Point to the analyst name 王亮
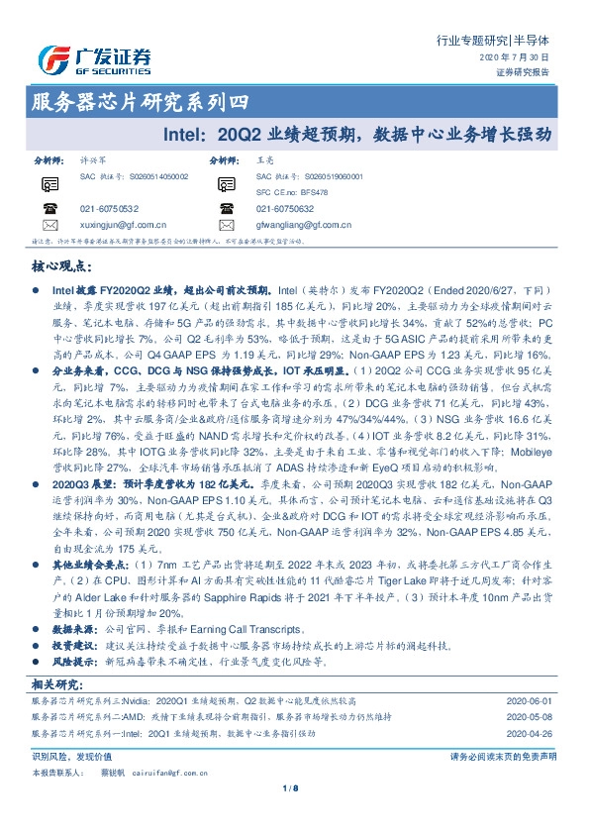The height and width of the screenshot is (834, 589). pyautogui.click(x=264, y=158)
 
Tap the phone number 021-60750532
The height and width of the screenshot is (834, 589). pyautogui.click(x=109, y=209)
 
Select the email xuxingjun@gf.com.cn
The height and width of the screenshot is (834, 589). pyautogui.click(x=123, y=225)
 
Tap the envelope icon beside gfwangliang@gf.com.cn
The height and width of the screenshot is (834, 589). pyautogui.click(x=227, y=225)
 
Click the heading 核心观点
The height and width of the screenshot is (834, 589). pyautogui.click(x=61, y=267)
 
